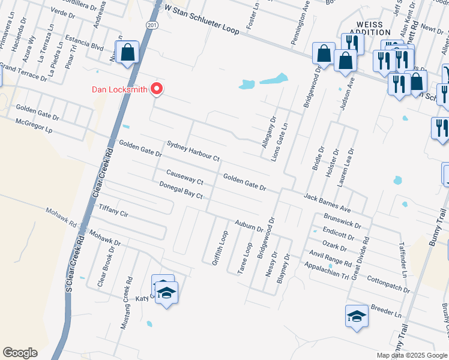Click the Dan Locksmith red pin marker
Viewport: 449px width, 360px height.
pyautogui.click(x=157, y=89)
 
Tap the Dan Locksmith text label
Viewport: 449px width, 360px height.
pyautogui.click(x=120, y=90)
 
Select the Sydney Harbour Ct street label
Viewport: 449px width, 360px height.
pyautogui.click(x=193, y=151)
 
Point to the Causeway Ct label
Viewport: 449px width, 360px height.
pyautogui.click(x=185, y=177)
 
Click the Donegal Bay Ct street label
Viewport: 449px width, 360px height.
pyautogui.click(x=181, y=191)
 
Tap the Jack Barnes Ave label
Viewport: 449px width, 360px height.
pyautogui.click(x=327, y=202)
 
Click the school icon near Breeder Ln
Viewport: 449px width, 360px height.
pyautogui.click(x=357, y=317)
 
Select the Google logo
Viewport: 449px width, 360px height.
pyautogui.click(x=20, y=353)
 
